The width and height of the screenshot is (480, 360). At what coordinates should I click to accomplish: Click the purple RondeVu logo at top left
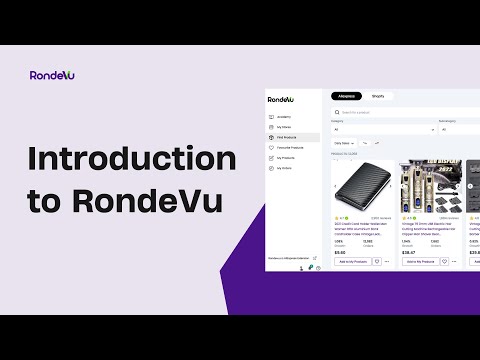(52, 75)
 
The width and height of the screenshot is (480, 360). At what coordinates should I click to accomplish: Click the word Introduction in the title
(131, 159)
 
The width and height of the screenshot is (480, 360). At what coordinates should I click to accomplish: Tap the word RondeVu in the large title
(149, 199)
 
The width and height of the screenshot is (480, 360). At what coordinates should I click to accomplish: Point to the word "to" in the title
(44, 200)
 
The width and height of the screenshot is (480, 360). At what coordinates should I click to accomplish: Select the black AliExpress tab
(346, 96)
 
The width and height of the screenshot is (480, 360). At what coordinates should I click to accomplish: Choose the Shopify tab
(378, 96)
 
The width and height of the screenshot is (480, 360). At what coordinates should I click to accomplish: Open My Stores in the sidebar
(284, 127)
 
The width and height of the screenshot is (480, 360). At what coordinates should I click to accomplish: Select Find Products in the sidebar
(288, 137)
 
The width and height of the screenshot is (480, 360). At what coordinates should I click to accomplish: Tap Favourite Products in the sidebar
(292, 147)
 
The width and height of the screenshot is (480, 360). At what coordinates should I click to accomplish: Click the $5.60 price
(340, 252)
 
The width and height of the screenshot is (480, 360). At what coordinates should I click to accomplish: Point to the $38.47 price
(409, 252)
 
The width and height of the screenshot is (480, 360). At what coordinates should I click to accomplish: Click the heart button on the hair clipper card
(444, 261)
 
